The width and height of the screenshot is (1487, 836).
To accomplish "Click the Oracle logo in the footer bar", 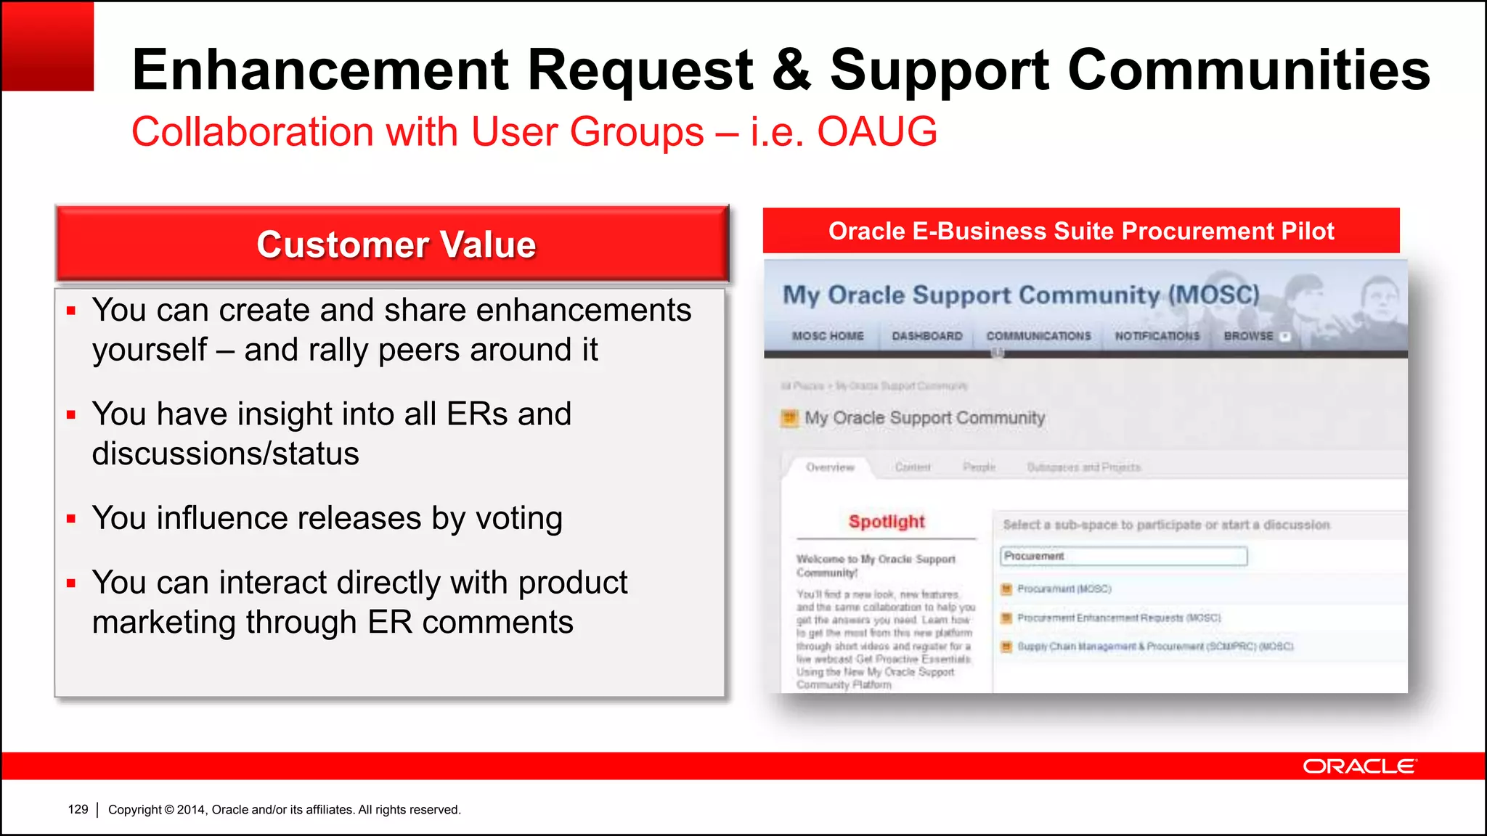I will [x=1358, y=766].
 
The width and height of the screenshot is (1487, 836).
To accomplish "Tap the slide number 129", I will [x=78, y=809].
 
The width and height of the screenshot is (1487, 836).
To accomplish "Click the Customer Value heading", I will [x=396, y=245].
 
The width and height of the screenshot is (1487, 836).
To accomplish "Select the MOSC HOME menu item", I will [x=828, y=336].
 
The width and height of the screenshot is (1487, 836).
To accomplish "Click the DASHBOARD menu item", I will [x=927, y=336].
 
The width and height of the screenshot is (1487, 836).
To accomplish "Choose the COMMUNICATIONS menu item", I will [x=1038, y=336].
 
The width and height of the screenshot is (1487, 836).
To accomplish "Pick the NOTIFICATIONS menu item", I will [x=1157, y=336].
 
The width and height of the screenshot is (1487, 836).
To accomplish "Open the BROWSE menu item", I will [x=1249, y=336].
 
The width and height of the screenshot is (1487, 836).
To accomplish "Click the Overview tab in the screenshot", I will [x=830, y=467].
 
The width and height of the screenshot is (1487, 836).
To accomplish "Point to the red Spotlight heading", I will [x=887, y=522].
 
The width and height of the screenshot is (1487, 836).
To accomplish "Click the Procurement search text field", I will [x=1123, y=557].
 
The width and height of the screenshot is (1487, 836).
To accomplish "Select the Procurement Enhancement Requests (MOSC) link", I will [x=1119, y=618].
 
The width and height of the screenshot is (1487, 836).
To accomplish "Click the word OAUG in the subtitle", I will [x=877, y=132].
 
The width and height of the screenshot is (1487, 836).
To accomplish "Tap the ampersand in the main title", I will [x=791, y=70].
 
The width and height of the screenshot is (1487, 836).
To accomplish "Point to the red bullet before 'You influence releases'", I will [x=71, y=519].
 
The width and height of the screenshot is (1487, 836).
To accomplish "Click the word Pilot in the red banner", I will [x=1308, y=231].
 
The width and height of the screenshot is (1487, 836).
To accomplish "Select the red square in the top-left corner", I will [x=48, y=46].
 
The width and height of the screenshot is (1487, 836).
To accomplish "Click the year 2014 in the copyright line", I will [x=191, y=809].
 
